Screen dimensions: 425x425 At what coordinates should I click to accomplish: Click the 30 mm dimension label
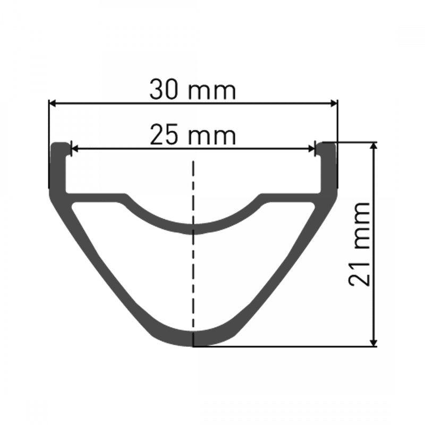(192, 90)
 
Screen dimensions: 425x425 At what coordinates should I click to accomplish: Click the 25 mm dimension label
(192, 136)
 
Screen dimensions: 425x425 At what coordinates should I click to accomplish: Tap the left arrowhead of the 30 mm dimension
(52, 104)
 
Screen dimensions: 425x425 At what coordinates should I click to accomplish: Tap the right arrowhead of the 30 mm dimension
(334, 104)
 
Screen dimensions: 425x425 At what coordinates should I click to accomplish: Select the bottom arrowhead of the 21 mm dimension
(375, 343)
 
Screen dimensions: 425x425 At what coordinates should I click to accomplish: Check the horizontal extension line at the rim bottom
(287, 347)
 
